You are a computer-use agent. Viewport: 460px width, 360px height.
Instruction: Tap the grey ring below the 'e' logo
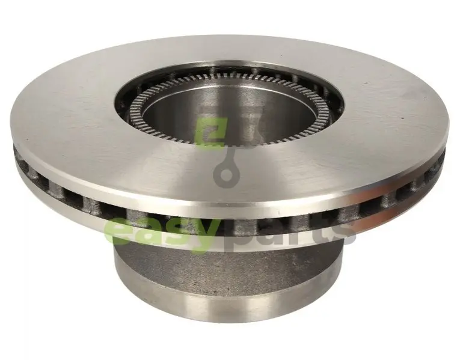pyautogui.click(x=227, y=176)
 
